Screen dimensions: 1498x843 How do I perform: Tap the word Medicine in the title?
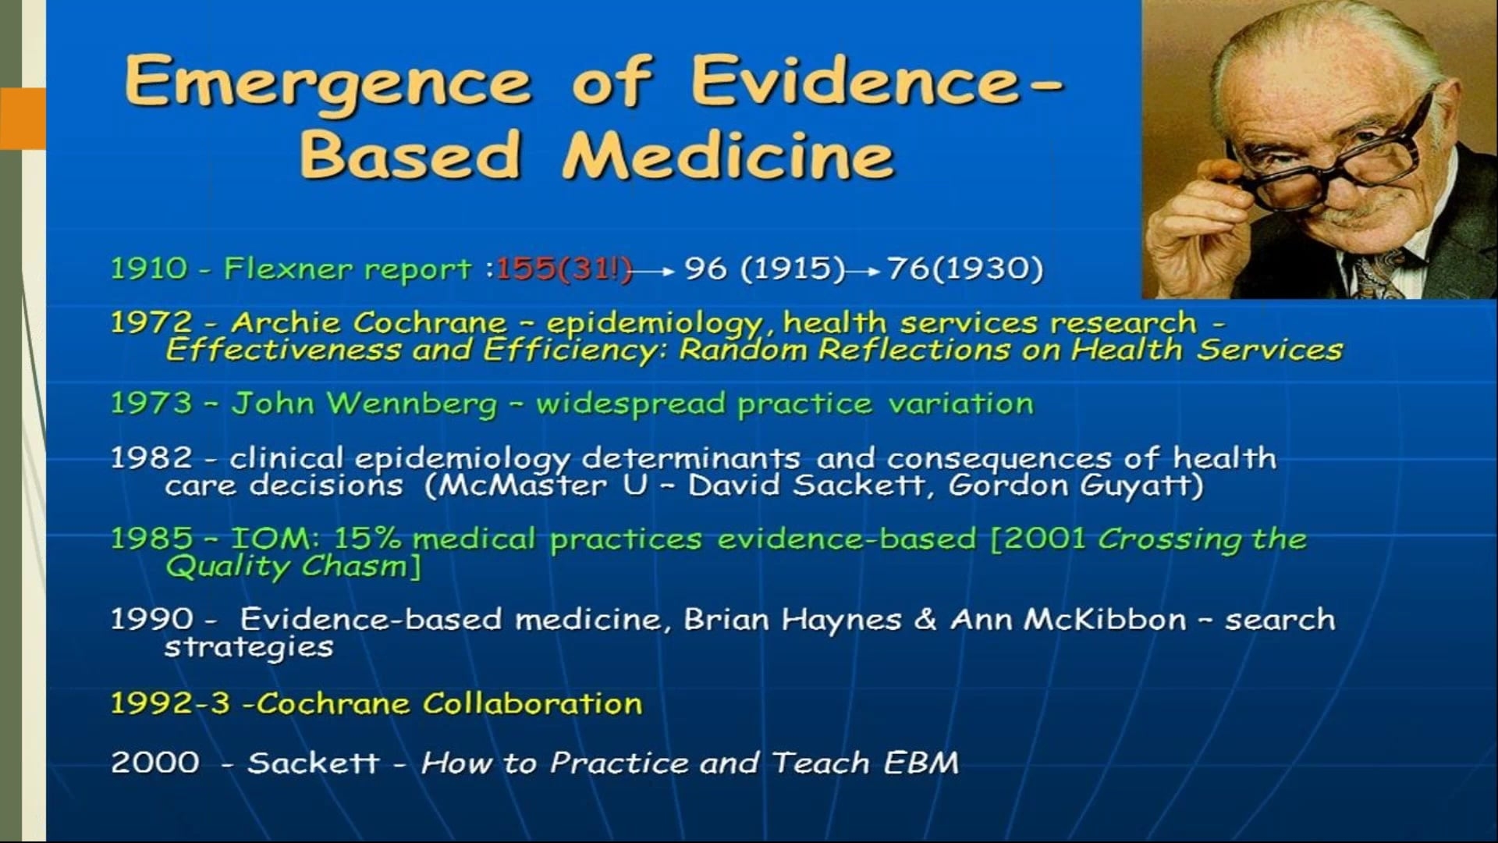coord(728,153)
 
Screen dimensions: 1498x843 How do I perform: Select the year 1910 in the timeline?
coord(149,269)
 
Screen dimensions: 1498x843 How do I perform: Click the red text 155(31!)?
coord(564,269)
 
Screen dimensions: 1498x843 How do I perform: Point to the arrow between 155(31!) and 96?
coord(653,272)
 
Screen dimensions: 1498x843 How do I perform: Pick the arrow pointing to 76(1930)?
coord(864,272)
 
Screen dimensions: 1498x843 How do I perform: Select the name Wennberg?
coord(411,404)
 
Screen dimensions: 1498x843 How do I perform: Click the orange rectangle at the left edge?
coord(23,119)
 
